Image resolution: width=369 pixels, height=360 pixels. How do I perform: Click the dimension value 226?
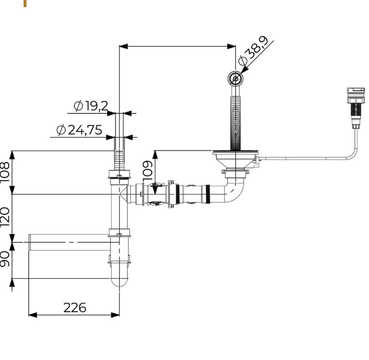click(75, 308)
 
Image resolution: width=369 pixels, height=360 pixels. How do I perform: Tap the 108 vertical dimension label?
click(5, 172)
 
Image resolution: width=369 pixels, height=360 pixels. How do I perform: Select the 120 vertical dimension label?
click(5, 217)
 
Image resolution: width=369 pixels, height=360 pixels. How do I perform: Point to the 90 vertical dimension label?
click(5, 259)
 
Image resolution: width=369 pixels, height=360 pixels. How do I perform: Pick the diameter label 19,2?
click(91, 106)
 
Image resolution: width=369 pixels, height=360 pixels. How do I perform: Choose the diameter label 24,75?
click(79, 130)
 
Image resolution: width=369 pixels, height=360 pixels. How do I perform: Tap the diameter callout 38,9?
click(253, 50)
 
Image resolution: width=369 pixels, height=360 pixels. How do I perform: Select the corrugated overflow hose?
click(235, 120)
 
